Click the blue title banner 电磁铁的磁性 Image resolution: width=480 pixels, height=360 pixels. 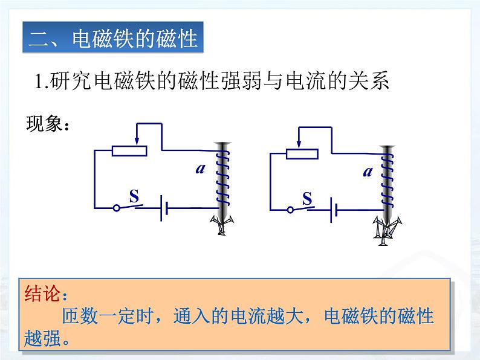[x=113, y=37]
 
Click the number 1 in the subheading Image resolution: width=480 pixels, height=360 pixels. [x=39, y=82]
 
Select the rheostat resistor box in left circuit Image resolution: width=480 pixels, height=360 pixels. [x=129, y=151]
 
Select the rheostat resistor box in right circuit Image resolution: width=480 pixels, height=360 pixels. [x=302, y=154]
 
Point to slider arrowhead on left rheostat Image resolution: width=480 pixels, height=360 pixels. [x=137, y=141]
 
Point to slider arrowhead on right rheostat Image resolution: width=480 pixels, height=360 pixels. [x=299, y=144]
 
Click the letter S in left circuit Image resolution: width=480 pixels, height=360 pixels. [x=134, y=196]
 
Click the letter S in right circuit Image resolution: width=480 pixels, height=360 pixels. [x=307, y=199]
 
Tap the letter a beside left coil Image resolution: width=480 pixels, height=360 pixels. [x=201, y=169]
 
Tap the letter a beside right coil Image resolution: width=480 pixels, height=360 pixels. [x=368, y=172]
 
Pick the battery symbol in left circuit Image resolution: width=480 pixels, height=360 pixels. [x=164, y=208]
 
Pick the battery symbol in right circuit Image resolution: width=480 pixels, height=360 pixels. [x=334, y=210]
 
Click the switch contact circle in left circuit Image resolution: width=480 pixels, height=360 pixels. [x=116, y=208]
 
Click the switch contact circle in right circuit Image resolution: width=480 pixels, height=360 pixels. [x=290, y=210]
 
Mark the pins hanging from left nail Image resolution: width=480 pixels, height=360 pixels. [x=222, y=225]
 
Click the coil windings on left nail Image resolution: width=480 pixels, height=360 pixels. [x=222, y=178]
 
